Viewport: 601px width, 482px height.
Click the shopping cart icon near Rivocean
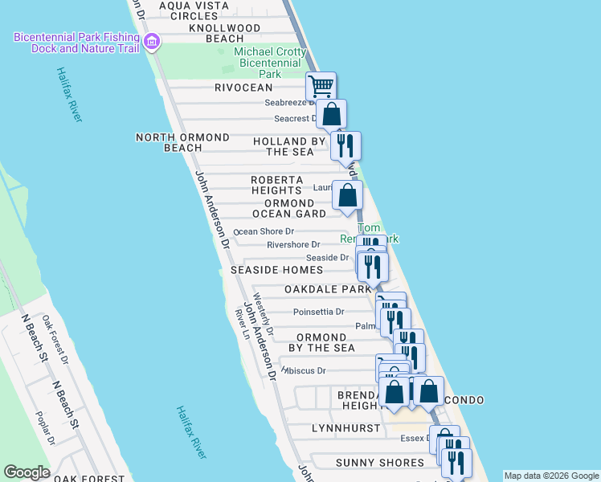[321, 85]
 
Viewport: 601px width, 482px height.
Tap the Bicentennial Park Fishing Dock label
[76, 43]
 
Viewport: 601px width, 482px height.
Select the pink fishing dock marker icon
[151, 42]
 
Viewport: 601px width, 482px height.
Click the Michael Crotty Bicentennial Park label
[270, 63]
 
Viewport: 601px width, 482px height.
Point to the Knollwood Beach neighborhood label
[204, 33]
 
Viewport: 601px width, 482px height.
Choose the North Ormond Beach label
[182, 142]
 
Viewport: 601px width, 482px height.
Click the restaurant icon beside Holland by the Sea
[345, 145]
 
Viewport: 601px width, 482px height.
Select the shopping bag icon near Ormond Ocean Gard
[347, 194]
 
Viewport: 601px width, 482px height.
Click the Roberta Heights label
[276, 185]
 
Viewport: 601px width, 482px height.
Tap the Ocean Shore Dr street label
[264, 231]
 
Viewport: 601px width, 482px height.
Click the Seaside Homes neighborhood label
[276, 271]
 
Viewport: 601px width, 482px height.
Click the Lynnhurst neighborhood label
[345, 428]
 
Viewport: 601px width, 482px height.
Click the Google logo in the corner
[27, 472]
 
